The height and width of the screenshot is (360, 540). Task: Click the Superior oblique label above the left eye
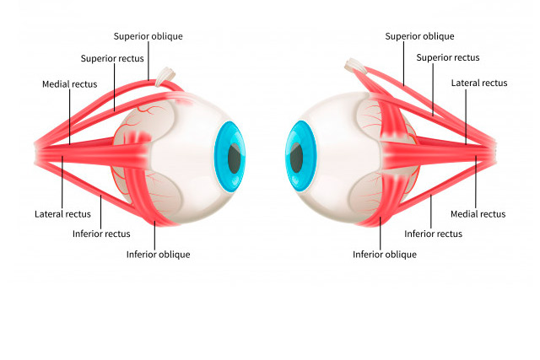pyautogui.click(x=148, y=36)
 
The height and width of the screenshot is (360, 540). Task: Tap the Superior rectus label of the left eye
pyautogui.click(x=113, y=58)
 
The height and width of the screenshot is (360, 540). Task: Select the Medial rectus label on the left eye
pyautogui.click(x=69, y=84)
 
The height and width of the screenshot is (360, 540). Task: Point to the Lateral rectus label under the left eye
pyautogui.click(x=62, y=214)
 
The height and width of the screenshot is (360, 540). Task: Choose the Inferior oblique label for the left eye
pyautogui.click(x=158, y=254)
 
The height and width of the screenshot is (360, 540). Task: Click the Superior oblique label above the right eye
pyautogui.click(x=419, y=36)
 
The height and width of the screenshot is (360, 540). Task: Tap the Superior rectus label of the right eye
pyautogui.click(x=447, y=58)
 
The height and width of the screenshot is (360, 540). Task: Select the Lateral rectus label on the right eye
pyautogui.click(x=478, y=83)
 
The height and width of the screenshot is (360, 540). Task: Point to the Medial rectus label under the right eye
pyautogui.click(x=478, y=214)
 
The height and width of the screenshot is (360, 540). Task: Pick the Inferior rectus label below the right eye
pyautogui.click(x=433, y=234)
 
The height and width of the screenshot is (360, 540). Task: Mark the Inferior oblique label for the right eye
pyautogui.click(x=384, y=254)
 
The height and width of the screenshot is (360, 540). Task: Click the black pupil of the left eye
pyautogui.click(x=235, y=158)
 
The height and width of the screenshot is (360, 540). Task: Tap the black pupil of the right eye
pyautogui.click(x=297, y=158)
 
